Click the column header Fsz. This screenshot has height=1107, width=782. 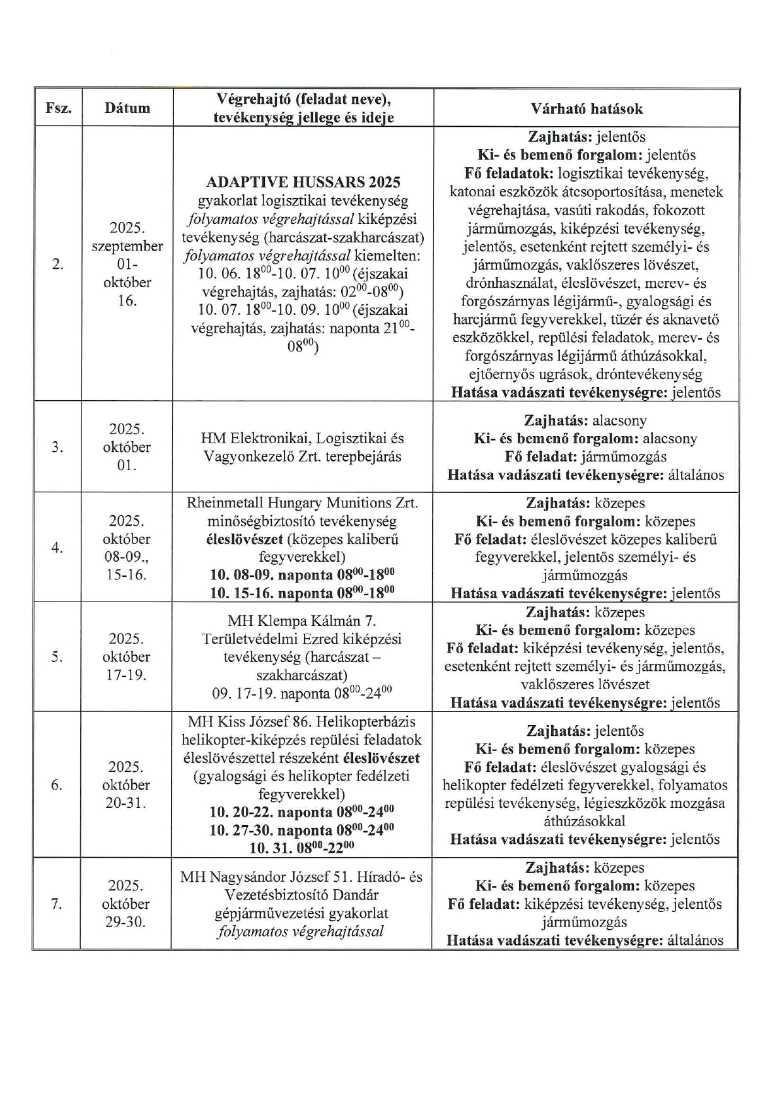click(58, 109)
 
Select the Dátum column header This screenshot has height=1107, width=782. click(127, 109)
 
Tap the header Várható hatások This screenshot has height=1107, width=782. click(586, 109)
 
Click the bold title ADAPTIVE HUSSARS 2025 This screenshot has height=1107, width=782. click(303, 182)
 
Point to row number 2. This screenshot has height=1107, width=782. click(58, 264)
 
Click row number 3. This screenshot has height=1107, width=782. click(57, 447)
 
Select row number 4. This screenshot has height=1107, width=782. click(57, 548)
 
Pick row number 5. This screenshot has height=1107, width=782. click(57, 657)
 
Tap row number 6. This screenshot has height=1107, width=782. click(57, 785)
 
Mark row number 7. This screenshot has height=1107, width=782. click(57, 904)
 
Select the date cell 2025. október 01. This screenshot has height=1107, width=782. click(127, 447)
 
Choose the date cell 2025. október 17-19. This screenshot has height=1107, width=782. click(127, 657)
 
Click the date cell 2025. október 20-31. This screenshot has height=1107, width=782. click(126, 785)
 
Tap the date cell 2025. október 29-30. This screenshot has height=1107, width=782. click(126, 904)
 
